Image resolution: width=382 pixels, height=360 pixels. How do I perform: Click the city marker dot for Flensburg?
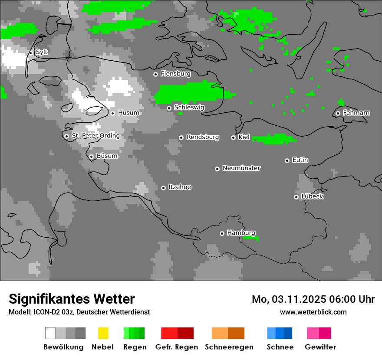(155, 74)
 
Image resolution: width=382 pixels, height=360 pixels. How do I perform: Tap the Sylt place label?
(42, 52)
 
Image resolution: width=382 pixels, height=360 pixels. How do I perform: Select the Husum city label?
(128, 113)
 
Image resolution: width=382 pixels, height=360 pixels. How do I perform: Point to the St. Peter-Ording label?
(95, 136)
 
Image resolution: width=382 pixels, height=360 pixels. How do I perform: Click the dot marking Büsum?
(91, 157)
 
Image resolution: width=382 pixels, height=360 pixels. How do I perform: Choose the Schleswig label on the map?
(189, 107)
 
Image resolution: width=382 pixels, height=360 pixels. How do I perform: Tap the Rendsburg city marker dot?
(181, 137)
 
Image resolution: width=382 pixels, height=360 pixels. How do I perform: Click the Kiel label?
(244, 137)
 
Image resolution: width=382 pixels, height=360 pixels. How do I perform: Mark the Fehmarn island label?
(356, 113)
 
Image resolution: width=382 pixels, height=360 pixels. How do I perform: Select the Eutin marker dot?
(287, 160)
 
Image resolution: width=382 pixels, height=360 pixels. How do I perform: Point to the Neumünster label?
(241, 168)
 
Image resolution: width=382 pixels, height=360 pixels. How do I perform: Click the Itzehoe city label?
(180, 187)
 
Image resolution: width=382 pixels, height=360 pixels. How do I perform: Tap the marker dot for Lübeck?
(296, 197)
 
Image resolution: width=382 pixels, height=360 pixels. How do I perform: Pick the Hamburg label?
(241, 233)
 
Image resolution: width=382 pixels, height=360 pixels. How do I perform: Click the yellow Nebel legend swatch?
(103, 333)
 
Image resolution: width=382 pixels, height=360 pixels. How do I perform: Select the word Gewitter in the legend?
(320, 347)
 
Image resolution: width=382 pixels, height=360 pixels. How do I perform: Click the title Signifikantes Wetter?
(72, 299)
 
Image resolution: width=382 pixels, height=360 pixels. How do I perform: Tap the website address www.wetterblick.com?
(313, 312)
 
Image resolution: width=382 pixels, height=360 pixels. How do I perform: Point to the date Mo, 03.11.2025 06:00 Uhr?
(313, 299)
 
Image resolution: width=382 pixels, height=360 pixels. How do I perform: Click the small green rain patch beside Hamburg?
(251, 238)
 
